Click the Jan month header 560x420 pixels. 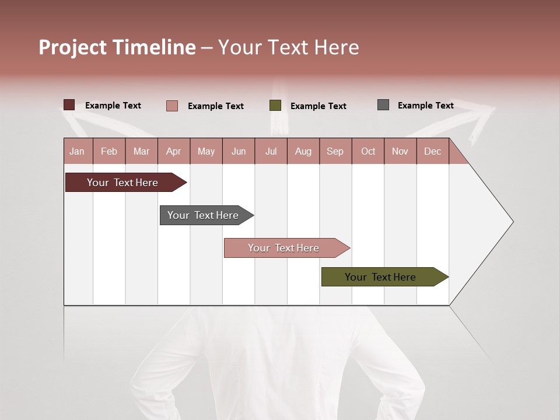pos(78,151)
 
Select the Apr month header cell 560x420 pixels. pos(174,151)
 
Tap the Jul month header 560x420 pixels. pos(271,151)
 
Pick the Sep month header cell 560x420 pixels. pos(335,151)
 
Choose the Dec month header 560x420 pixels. pos(433,151)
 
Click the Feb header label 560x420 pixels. pos(109,151)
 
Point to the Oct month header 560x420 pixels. pos(368,151)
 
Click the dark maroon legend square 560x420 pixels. pos(69,105)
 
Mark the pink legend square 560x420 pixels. pos(172,106)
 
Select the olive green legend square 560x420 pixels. pos(275,106)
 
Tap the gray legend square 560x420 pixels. pos(383,105)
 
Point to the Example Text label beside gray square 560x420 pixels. pos(425,106)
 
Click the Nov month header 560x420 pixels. pos(400,151)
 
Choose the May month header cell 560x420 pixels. pos(206,151)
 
